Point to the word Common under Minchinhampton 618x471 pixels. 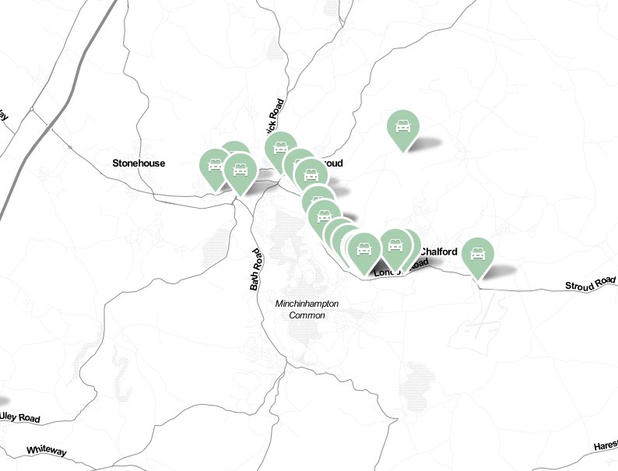pos(307,315)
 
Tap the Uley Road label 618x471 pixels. pos(19,417)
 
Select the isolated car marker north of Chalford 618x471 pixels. pos(403,126)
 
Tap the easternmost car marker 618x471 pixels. pos(478,254)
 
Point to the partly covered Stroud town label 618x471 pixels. pos(332,163)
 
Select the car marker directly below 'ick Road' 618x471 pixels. pos(280,148)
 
